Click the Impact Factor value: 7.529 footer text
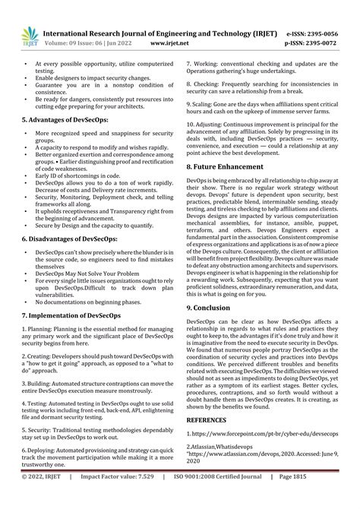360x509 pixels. click(139, 499)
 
